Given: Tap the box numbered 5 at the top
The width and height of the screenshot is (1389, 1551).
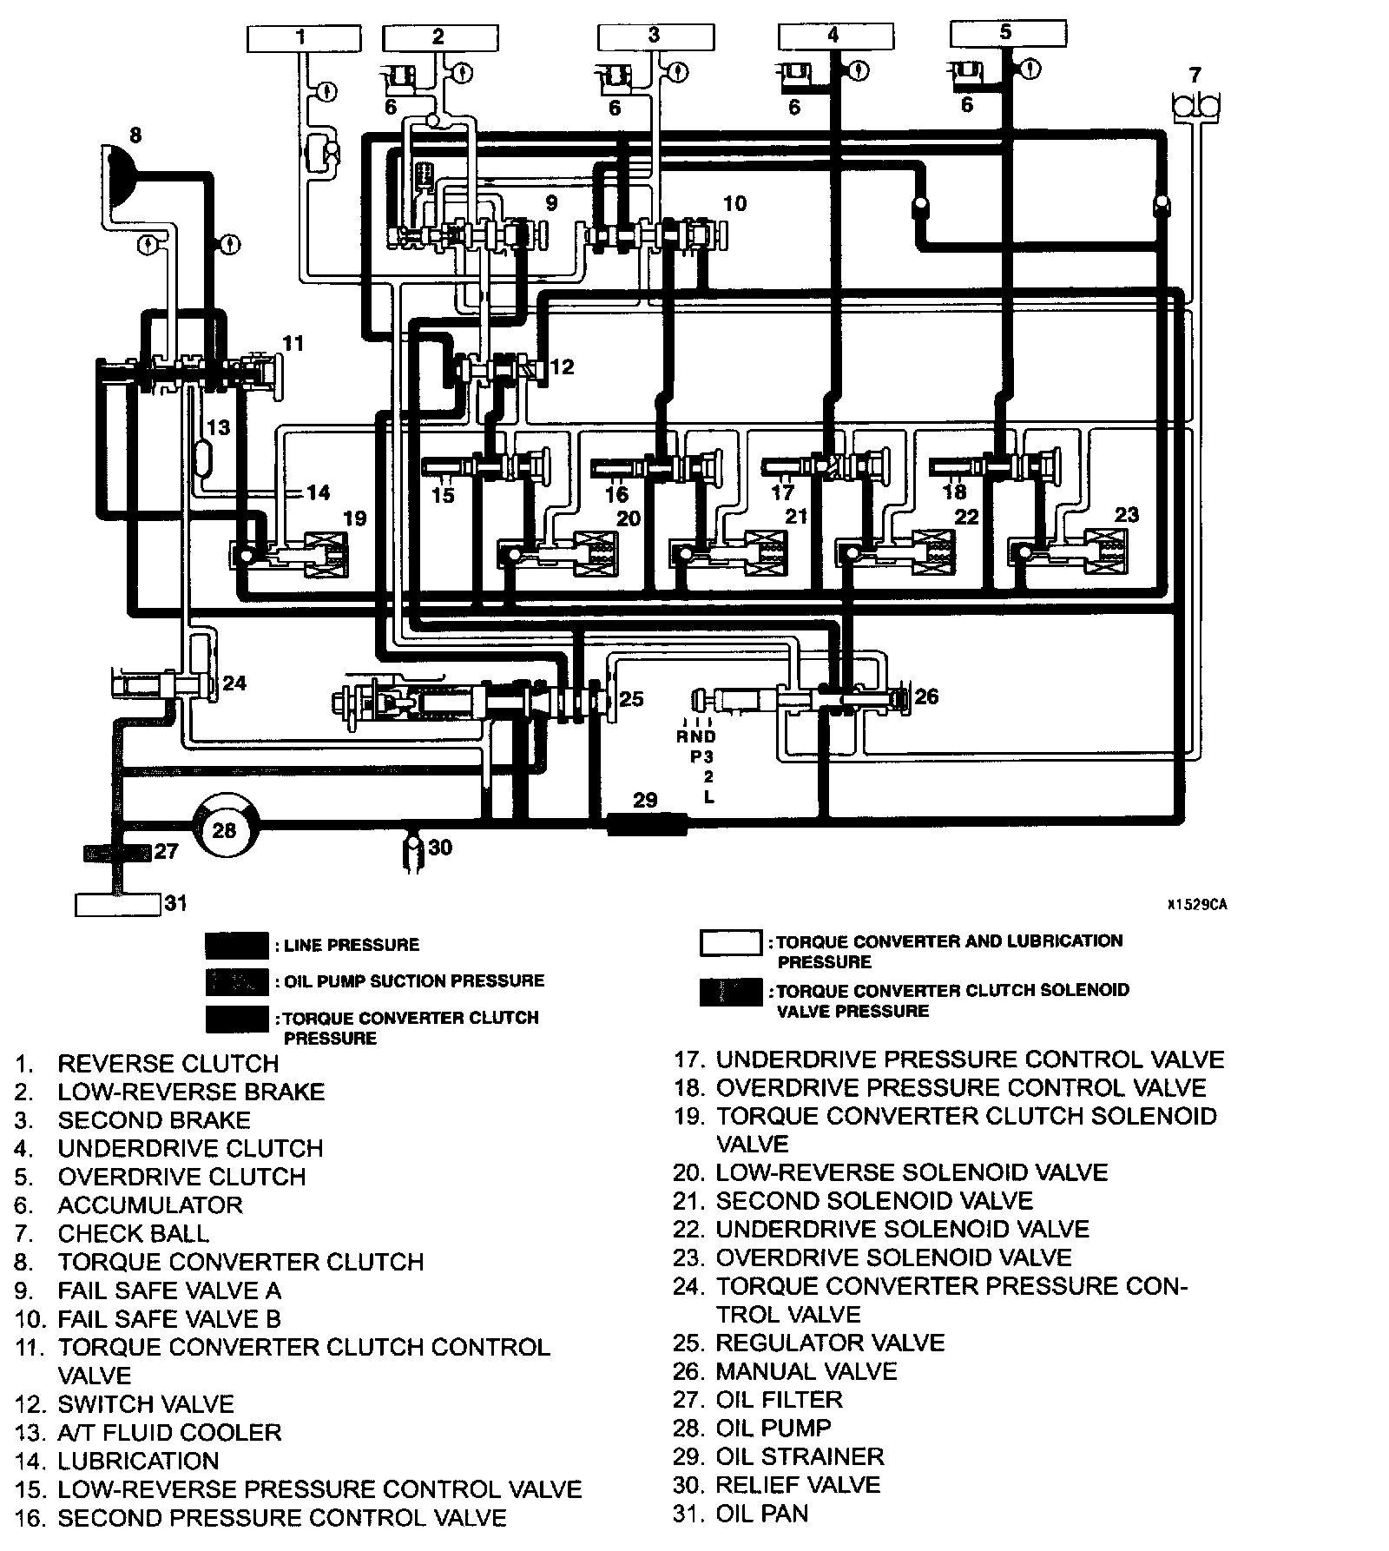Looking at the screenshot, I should point(1007,33).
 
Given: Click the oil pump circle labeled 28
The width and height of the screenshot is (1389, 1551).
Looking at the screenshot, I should point(224,829).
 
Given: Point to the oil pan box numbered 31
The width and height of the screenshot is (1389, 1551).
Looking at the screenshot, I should point(118,904).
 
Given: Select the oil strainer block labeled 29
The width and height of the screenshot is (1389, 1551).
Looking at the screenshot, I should point(647,822).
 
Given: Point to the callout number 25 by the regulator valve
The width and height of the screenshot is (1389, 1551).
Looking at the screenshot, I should point(631,698).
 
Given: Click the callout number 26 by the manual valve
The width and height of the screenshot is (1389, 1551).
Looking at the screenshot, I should point(926,696).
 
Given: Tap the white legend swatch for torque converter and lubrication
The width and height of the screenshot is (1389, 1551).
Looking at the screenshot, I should point(732,943).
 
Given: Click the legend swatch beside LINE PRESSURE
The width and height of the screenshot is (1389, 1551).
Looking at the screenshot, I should point(237,945).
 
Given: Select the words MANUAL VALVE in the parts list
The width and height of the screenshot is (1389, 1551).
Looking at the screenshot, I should point(806,1371).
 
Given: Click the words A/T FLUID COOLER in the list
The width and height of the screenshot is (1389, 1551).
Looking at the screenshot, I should point(169,1432).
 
